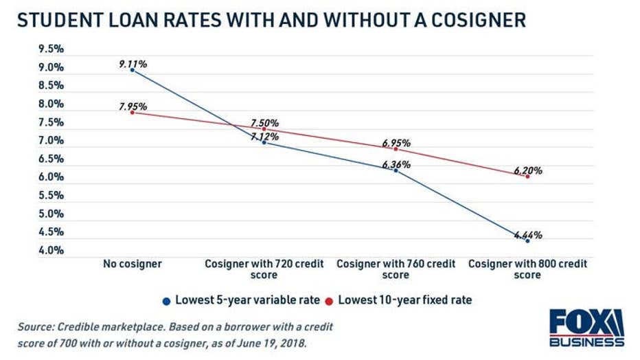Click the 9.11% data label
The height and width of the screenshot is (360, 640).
[133, 64]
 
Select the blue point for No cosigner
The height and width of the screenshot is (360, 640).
[133, 70]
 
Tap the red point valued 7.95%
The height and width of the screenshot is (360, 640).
[133, 112]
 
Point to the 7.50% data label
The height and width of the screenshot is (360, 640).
[264, 123]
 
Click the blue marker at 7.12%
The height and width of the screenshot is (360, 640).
[264, 142]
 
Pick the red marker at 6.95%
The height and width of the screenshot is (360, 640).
[396, 148]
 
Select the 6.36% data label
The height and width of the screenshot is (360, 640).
[396, 164]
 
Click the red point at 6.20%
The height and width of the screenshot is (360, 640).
[527, 177]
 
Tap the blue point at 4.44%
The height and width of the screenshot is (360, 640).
[527, 241]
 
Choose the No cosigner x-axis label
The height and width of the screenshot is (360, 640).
[133, 264]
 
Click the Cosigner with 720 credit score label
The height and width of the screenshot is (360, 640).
[264, 269]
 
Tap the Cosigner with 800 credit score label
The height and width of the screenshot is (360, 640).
[527, 269]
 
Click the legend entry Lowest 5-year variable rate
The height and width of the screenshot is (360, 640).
[242, 300]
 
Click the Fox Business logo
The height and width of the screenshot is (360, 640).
[586, 328]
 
